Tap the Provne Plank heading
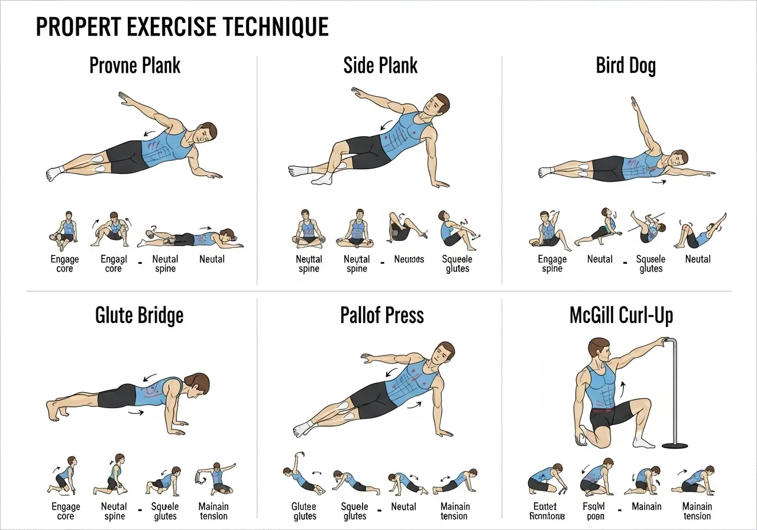pos(135,65)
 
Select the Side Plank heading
pos(380,65)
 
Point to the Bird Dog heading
pos(626,65)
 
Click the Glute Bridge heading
pos(140,315)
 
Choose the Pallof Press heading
pos(382,315)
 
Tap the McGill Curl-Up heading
pos(621,315)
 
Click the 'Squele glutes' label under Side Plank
pos(457,264)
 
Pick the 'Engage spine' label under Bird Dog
pos(552,264)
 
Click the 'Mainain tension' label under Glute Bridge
pos(213,511)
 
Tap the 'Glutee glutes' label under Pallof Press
pos(305,511)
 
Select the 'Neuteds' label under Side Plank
pos(409,259)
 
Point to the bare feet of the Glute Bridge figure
pos(53,409)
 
